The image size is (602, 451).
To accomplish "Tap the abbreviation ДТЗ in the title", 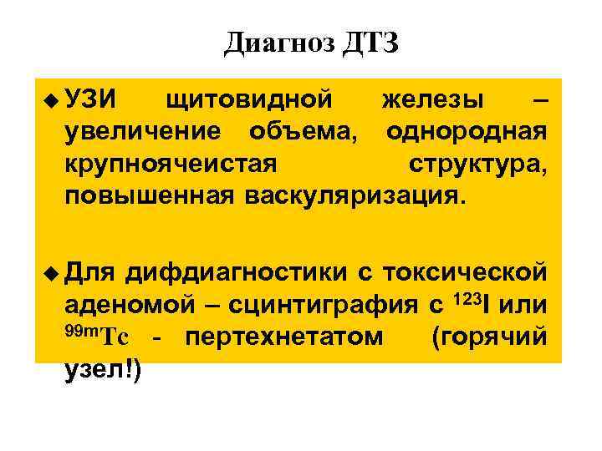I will click(370, 43).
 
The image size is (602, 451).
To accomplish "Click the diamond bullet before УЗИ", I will click(53, 101).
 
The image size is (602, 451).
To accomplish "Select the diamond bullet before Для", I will click(53, 272).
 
